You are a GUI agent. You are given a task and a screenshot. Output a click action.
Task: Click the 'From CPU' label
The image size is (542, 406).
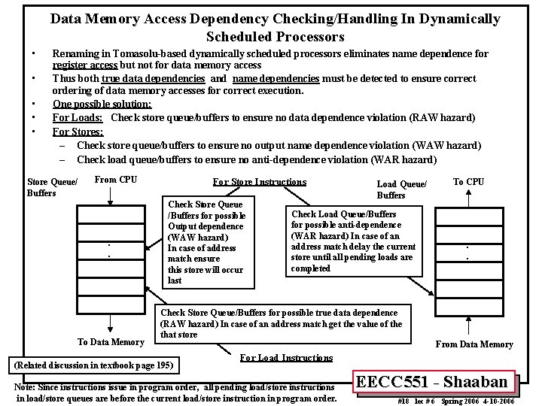tap(116, 180)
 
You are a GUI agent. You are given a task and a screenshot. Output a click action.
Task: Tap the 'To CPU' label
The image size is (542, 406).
tap(469, 181)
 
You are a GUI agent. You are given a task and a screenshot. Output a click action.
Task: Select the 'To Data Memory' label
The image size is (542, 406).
tap(111, 342)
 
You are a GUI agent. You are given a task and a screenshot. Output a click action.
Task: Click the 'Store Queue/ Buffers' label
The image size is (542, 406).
tap(52, 187)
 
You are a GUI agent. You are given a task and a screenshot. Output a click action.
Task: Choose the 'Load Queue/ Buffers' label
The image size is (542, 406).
tap(401, 189)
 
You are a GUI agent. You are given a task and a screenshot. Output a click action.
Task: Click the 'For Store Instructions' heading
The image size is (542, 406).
tap(260, 182)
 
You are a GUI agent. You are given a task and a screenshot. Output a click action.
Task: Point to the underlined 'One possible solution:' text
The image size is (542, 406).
tap(102, 104)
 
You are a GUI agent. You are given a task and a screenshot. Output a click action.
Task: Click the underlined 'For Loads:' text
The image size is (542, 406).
tap(78, 118)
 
